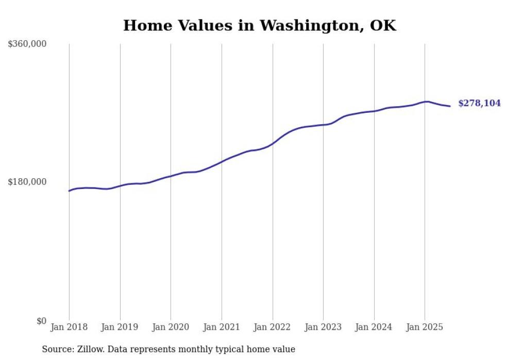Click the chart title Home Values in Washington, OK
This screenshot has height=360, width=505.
coord(260,25)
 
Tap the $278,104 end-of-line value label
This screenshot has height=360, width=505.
coord(479,104)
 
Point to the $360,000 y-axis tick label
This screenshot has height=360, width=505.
coord(27,44)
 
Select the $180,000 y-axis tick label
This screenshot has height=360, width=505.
coord(27,182)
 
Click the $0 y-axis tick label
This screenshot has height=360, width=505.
coord(41,321)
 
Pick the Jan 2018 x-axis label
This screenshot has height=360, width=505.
coord(69,327)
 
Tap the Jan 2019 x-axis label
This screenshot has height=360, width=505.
coord(120,327)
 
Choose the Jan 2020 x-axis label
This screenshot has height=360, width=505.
coord(171,327)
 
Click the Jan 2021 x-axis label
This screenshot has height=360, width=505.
coord(222,327)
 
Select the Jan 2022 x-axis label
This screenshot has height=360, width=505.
coord(273,327)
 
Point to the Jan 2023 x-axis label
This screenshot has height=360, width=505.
coord(323,327)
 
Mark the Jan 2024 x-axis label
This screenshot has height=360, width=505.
coord(374,327)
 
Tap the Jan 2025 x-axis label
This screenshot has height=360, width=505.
coord(425,327)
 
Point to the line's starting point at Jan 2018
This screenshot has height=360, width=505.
coord(69,191)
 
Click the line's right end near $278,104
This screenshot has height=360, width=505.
coord(450,106)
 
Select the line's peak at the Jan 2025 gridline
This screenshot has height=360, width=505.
coord(425,102)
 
